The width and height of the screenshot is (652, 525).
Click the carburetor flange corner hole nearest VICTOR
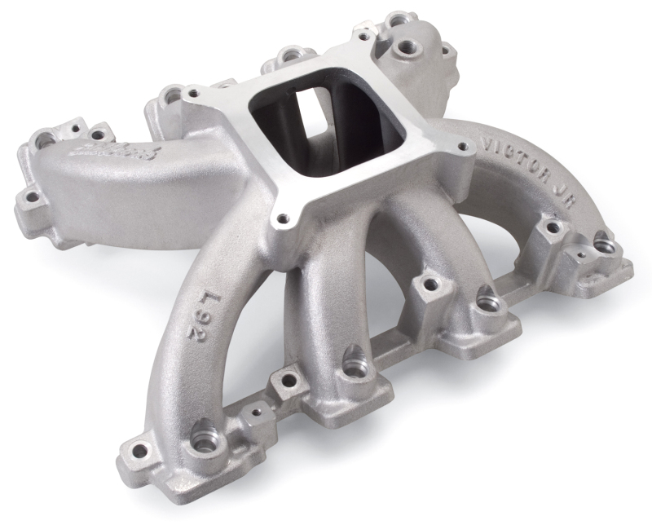tap(463, 148)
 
